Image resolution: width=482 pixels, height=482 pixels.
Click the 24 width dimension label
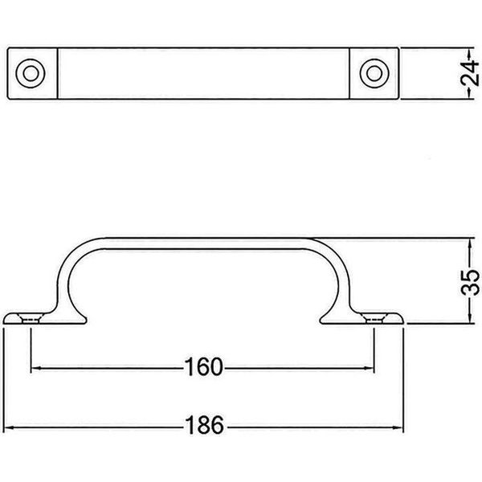coord(470,73)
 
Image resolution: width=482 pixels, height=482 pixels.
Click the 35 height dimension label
coord(470,282)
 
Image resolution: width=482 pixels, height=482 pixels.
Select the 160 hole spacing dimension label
coord(203,367)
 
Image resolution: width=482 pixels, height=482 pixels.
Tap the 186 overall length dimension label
coord(205,425)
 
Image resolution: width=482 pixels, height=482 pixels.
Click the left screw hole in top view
coord(31,73)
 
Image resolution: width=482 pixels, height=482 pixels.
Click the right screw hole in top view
coord(374,73)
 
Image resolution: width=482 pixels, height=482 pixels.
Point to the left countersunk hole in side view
coord(31,318)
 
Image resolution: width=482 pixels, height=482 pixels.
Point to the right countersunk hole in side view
coord(374,318)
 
